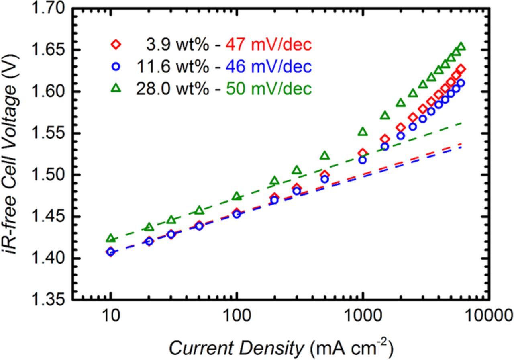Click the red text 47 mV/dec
pyautogui.click(x=269, y=45)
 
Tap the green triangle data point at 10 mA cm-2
pyautogui.click(x=111, y=238)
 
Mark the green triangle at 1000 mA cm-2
pyautogui.click(x=363, y=132)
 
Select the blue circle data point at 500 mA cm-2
pyautogui.click(x=325, y=179)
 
